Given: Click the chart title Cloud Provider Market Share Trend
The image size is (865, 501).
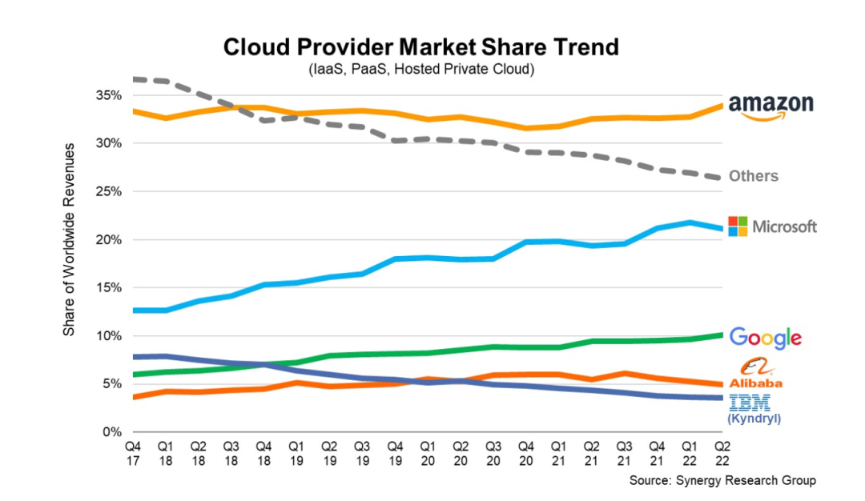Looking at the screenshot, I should [421, 46].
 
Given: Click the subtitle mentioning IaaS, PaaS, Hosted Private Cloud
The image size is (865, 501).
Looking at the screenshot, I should [421, 70].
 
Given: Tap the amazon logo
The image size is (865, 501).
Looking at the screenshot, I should [770, 106].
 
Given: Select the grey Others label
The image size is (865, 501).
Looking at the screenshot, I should [753, 176].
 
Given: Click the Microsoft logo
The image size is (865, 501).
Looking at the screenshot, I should [772, 226].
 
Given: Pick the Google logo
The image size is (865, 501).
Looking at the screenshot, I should [766, 338].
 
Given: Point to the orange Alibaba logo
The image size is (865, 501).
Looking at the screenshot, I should [756, 374].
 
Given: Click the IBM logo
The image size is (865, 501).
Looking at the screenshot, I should [751, 401].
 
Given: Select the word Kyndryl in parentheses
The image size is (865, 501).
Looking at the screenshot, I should [752, 419].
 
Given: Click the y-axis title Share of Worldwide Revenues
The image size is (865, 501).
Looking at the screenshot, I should [70, 239].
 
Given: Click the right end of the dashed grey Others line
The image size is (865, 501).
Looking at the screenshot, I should [722, 178].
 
